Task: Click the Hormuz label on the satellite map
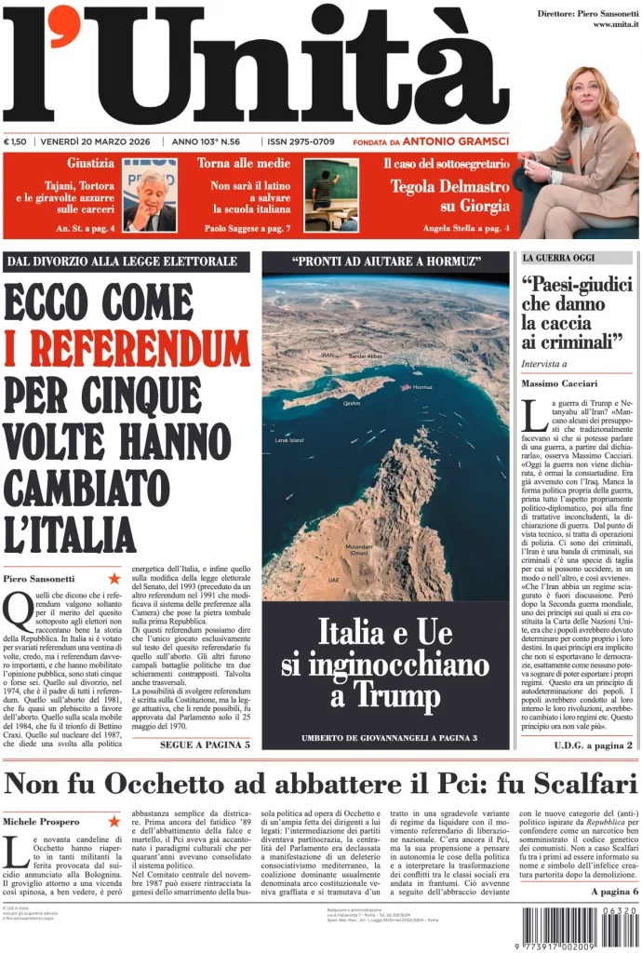[422, 387]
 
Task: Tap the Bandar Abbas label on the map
[365, 356]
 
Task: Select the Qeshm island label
[352, 403]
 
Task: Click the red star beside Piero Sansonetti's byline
[114, 579]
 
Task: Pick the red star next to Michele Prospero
[114, 821]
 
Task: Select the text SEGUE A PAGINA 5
[204, 745]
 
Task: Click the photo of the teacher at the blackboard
[332, 195]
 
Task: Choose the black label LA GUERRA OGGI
[564, 258]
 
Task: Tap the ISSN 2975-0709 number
[301, 141]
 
